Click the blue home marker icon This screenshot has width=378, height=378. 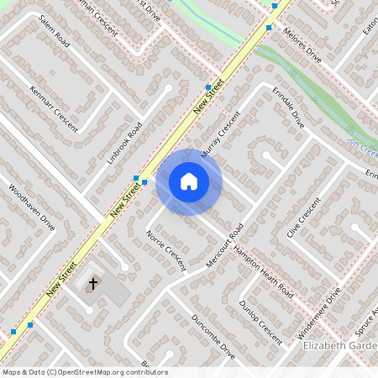[x=188, y=181]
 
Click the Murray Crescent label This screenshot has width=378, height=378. [x=220, y=133]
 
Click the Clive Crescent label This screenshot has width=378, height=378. [x=303, y=217]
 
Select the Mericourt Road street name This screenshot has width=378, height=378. [x=223, y=245]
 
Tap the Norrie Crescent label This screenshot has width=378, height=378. [x=165, y=249]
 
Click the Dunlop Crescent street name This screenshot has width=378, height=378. [x=260, y=323]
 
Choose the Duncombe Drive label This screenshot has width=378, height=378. [x=213, y=338]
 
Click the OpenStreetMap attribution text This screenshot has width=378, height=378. [x=85, y=372]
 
